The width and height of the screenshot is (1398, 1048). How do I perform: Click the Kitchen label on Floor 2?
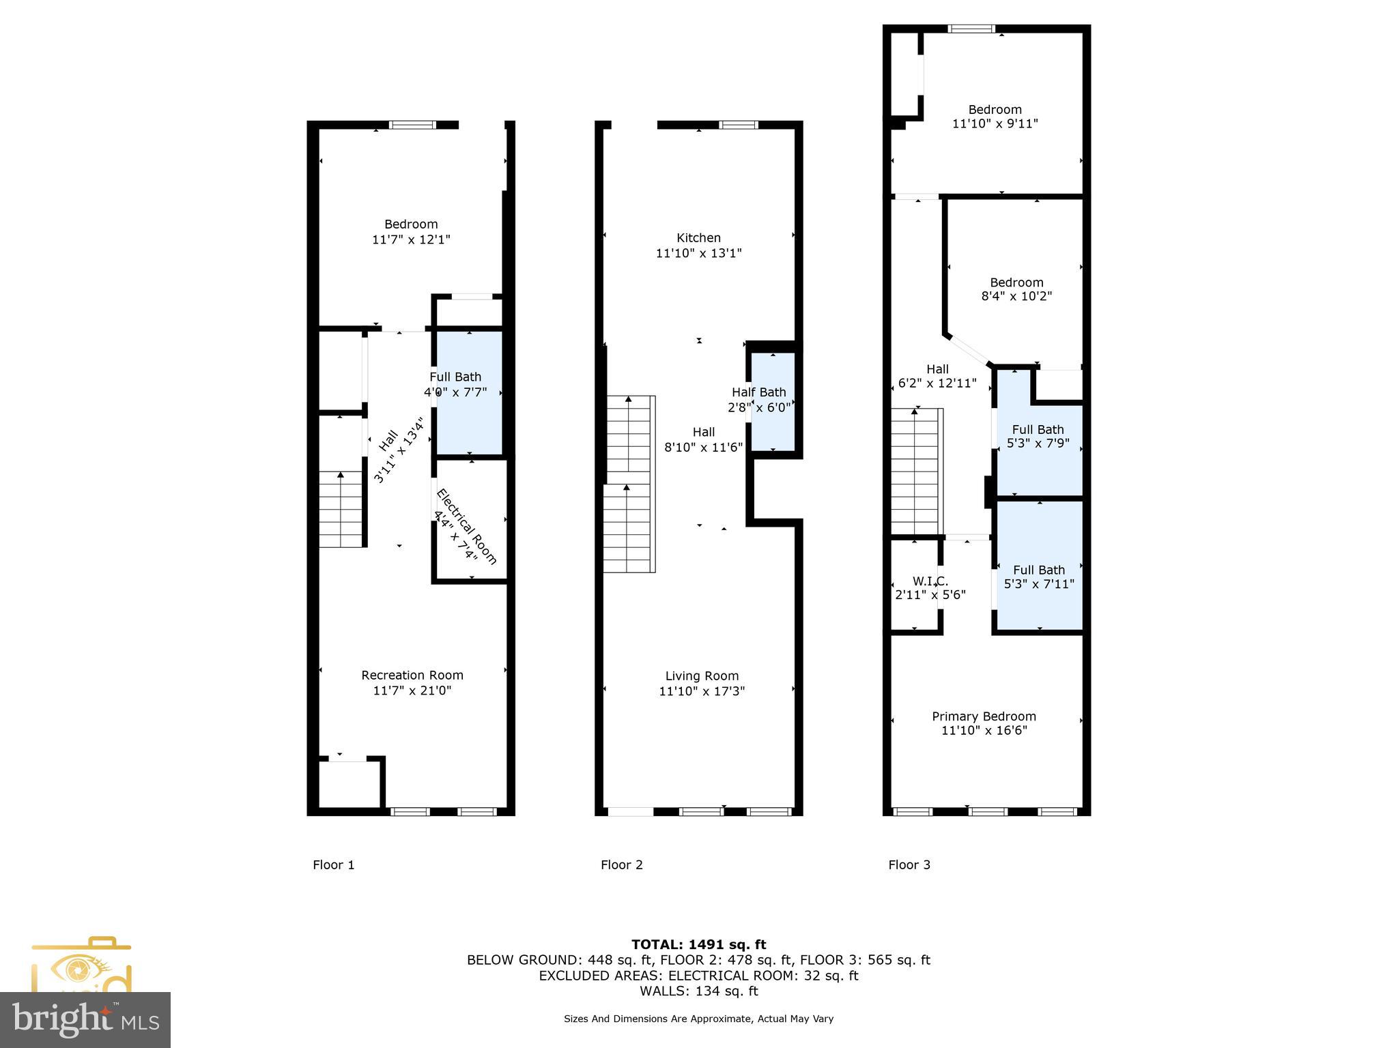[698, 238]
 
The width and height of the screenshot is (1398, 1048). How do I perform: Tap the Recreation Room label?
[412, 675]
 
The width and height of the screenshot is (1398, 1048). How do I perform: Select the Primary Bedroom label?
[984, 716]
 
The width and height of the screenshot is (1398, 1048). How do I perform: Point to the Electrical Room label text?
[466, 526]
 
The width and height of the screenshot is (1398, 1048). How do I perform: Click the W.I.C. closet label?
[930, 581]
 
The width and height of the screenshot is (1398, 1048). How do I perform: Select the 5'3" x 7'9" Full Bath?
[1038, 437]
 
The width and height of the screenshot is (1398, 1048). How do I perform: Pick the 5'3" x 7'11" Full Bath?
[1039, 577]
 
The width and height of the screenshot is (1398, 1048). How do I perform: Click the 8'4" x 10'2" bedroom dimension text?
[1016, 297]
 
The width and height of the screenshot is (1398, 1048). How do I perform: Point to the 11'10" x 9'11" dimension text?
[995, 124]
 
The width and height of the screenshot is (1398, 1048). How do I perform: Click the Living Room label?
[702, 676]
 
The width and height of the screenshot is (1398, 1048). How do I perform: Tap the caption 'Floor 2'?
[621, 865]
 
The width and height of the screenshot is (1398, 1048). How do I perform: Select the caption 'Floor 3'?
[909, 865]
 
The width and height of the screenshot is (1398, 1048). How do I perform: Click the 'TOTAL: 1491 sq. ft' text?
[698, 945]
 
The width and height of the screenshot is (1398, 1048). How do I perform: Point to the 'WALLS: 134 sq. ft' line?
[698, 991]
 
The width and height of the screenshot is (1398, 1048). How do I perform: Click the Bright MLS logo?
[85, 1019]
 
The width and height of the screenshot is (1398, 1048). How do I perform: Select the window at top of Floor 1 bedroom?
[412, 125]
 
